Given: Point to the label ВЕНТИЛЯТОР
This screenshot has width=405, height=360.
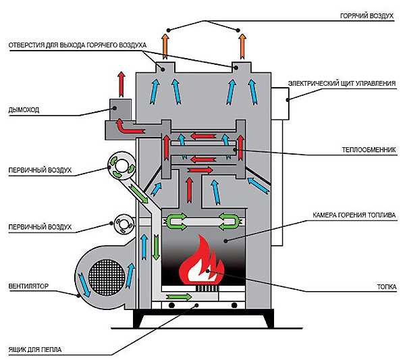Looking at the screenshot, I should tap(28, 286).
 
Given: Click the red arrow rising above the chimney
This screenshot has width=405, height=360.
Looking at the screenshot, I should tap(122, 81).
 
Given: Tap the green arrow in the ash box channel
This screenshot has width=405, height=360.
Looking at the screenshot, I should tap(178, 298).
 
